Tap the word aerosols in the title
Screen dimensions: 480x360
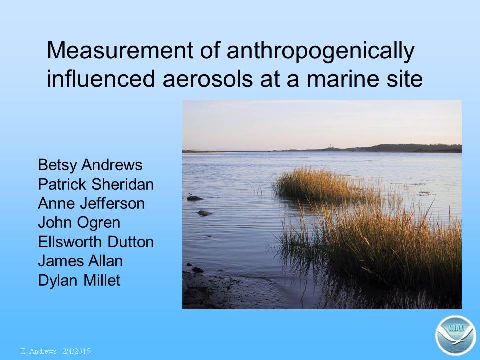tap(208, 79)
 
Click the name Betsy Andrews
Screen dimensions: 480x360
tap(90, 165)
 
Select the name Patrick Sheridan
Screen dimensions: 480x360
tap(96, 184)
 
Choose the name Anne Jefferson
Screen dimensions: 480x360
tap(91, 204)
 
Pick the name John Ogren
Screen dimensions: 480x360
tap(79, 223)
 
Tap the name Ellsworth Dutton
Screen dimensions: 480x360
tap(96, 242)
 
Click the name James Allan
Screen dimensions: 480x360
tap(80, 261)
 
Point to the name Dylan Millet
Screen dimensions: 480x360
tap(79, 280)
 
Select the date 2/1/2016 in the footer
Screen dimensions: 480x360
tap(76, 351)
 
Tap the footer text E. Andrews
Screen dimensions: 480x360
tap(39, 351)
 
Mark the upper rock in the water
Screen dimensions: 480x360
tap(195, 198)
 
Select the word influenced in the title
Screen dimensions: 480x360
tap(101, 79)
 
